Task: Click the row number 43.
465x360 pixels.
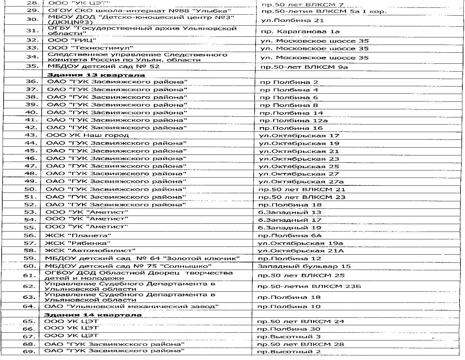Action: coord(32,135)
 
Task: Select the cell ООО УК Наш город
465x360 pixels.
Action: coord(88,135)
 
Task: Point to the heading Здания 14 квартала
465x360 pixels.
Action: coord(93,315)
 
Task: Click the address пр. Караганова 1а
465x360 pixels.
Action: coord(300,32)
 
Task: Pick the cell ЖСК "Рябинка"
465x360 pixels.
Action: coord(78,243)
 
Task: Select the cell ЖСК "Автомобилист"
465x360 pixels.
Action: coord(90,251)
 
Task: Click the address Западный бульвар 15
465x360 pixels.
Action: coord(304,266)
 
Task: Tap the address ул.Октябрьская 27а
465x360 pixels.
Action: coord(301,182)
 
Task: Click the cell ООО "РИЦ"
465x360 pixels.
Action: coord(72,40)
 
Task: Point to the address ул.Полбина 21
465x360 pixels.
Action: coord(292,20)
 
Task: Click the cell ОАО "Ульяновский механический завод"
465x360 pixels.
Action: coord(131,306)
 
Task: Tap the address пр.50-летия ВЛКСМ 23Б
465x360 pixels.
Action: coord(309,287)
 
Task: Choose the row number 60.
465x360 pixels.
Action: coord(30,266)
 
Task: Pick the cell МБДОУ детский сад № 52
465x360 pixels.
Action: coord(103,67)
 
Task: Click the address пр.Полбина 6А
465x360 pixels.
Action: coord(290,235)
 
